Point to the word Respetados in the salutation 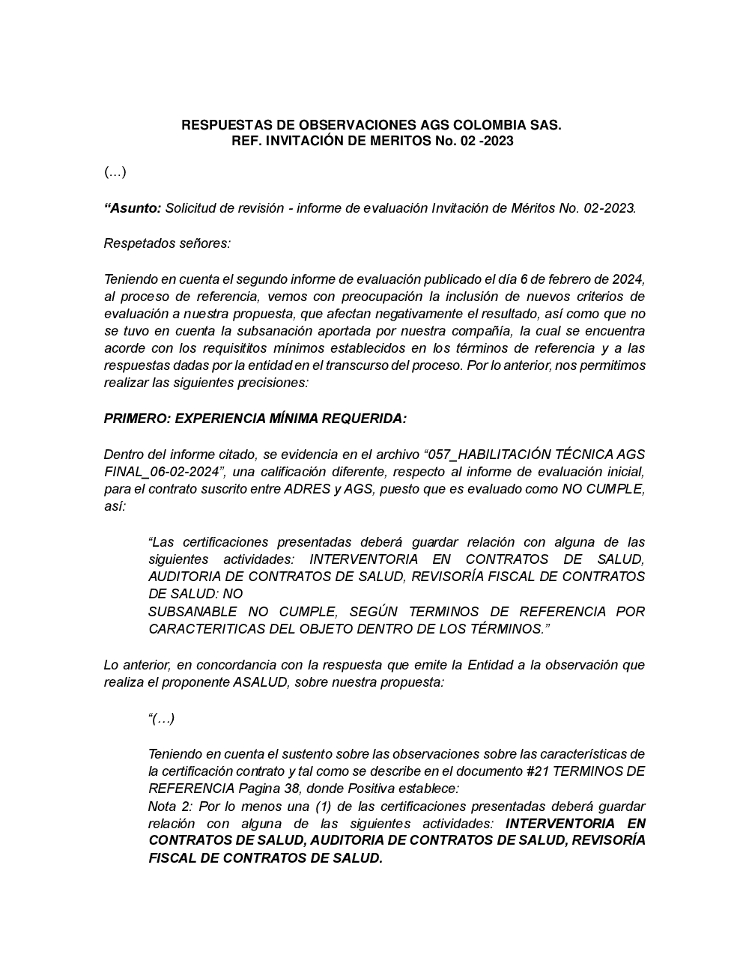point(136,243)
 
